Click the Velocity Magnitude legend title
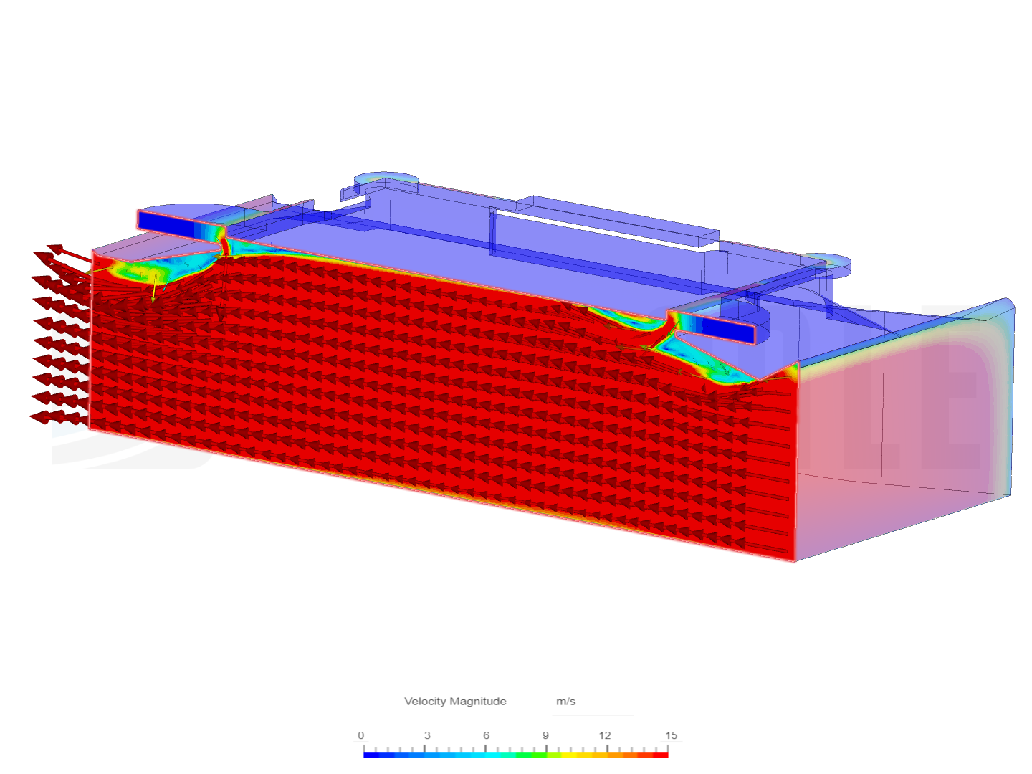point(454,701)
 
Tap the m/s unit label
point(565,701)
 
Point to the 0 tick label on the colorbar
point(360,735)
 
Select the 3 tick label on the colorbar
point(427,735)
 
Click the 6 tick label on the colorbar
point(486,735)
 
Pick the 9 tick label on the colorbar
point(545,735)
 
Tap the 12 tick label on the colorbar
point(605,735)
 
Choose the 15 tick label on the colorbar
point(671,735)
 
